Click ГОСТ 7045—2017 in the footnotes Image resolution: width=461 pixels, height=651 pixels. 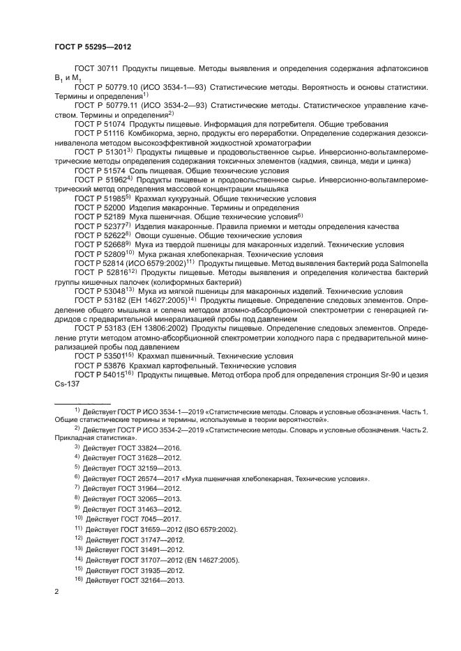[151, 519]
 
